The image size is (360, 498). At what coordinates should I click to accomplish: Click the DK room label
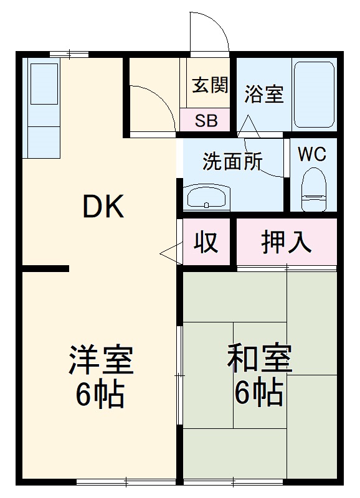[104, 207]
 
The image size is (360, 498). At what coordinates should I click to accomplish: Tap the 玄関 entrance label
[209, 85]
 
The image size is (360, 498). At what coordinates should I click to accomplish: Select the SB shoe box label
[206, 121]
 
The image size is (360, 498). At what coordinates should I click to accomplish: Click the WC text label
[312, 154]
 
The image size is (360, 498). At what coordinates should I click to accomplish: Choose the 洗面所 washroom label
[232, 162]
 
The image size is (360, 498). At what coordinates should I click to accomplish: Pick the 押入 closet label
[286, 242]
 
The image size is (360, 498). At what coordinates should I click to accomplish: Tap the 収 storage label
[207, 242]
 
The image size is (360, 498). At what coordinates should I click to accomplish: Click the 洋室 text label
[101, 360]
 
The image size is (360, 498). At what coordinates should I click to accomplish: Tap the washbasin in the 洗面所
[207, 197]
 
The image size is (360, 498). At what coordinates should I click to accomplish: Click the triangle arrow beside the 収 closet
[168, 253]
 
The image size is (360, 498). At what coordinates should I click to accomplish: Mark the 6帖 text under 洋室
[101, 393]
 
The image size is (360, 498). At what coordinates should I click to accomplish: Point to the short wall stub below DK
[45, 268]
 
